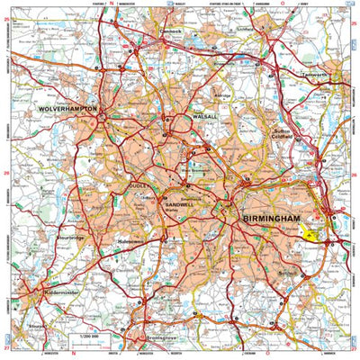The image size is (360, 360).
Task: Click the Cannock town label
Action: pyautogui.click(x=171, y=31)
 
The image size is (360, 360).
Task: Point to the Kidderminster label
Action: pyautogui.click(x=45, y=293)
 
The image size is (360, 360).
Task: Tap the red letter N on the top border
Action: pyautogui.click(x=112, y=4)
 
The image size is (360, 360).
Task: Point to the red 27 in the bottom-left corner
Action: pyautogui.click(x=5, y=346)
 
